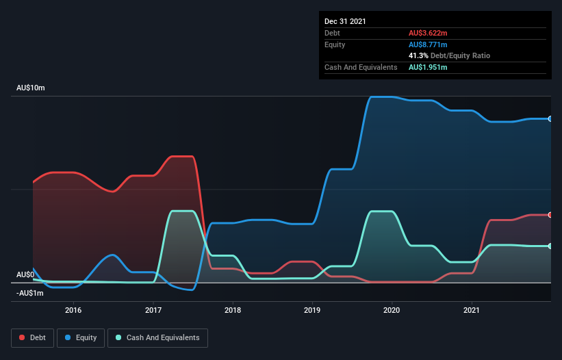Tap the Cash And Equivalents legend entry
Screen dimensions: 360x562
coord(157,337)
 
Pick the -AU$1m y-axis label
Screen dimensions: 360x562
coord(29,293)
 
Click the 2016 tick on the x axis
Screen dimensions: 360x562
coord(73,309)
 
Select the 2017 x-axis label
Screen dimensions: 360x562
coord(153,309)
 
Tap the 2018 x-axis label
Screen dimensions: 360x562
coord(233,309)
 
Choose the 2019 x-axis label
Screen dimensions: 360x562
coord(313,309)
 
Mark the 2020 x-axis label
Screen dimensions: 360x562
coord(392,309)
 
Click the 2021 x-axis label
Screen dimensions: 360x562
coord(472,309)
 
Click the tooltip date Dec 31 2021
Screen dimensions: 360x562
coord(345,21)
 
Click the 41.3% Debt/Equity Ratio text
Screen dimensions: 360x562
coord(449,55)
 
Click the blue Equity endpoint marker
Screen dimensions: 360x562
coord(550,119)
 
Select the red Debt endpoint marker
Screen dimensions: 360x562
coord(550,215)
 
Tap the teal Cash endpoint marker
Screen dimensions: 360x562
coord(550,246)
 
